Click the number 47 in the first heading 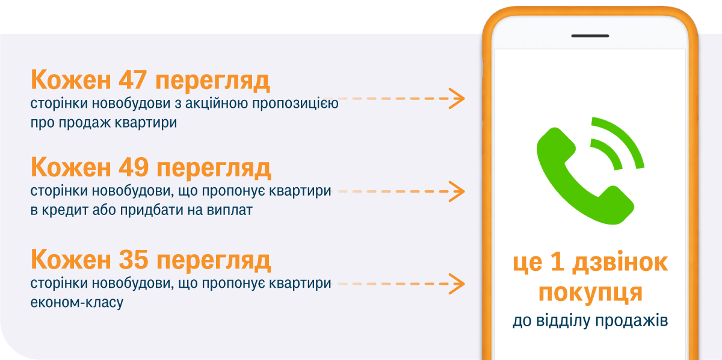click(x=133, y=79)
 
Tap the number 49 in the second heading click(x=134, y=167)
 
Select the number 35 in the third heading click(x=134, y=259)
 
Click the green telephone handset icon click(x=585, y=176)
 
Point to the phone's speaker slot click(x=590, y=36)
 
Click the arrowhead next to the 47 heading click(x=457, y=98)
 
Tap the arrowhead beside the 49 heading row click(x=457, y=191)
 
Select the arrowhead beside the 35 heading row click(x=457, y=284)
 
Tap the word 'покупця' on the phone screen click(x=590, y=293)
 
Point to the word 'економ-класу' click(x=77, y=303)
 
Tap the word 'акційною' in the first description click(x=217, y=103)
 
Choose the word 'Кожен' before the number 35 click(x=71, y=259)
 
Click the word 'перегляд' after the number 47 click(x=212, y=81)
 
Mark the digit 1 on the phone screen click(x=557, y=262)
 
